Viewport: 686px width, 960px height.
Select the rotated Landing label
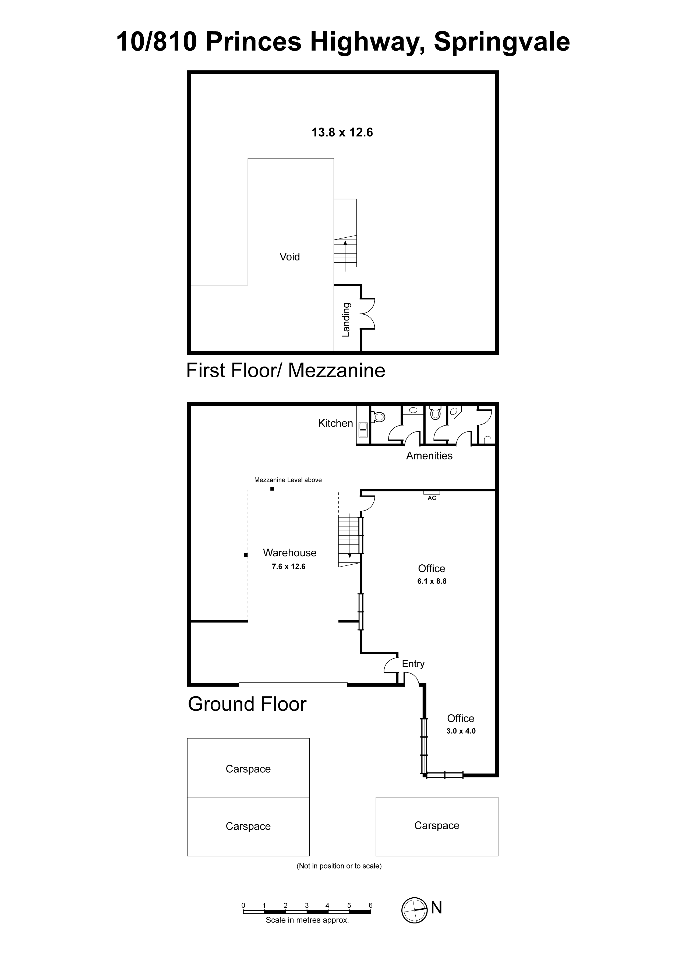pos(346,319)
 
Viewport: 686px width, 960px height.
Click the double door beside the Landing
pos(368,314)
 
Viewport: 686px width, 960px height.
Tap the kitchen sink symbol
pos(363,430)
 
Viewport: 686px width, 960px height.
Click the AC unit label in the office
pos(432,498)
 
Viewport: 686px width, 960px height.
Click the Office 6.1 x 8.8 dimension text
pos(432,581)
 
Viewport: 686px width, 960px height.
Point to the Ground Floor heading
pos(247,704)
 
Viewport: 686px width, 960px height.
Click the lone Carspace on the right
pos(437,826)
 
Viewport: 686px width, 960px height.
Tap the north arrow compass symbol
pos(414,910)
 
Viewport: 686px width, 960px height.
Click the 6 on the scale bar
pos(370,905)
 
